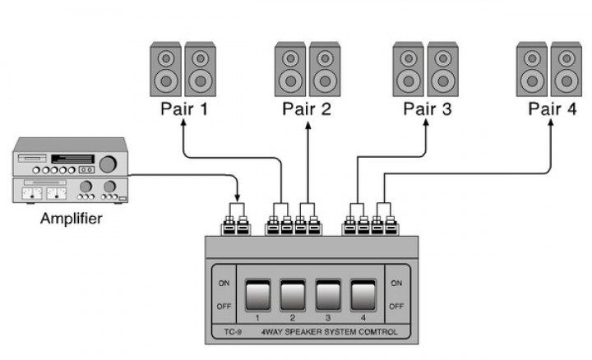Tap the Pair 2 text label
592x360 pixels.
tap(307, 108)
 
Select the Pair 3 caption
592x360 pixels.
tap(428, 108)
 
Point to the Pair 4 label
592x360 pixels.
tap(552, 108)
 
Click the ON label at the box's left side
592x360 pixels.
tap(224, 283)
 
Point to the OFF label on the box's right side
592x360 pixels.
tap(396, 306)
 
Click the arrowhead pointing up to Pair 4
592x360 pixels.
tap(552, 124)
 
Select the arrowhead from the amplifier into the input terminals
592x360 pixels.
tap(238, 199)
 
